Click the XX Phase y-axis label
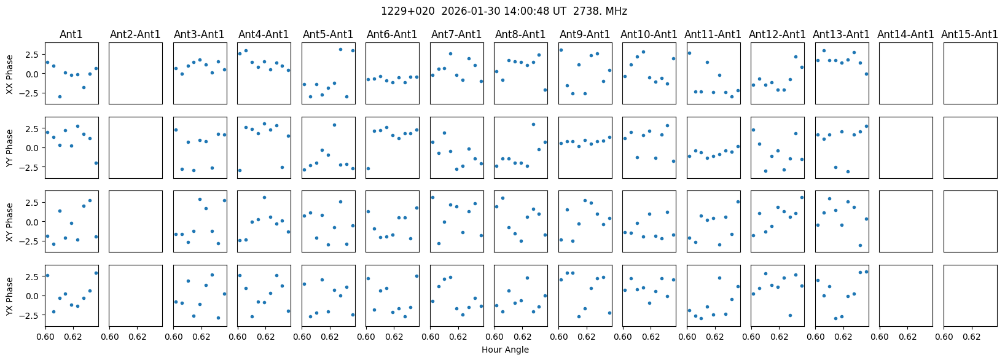click(10, 74)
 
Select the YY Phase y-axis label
click(10, 148)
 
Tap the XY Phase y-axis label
click(10, 222)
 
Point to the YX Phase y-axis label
click(10, 296)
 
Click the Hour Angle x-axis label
click(505, 350)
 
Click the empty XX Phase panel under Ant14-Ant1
click(905, 74)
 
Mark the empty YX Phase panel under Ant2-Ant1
click(135, 295)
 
